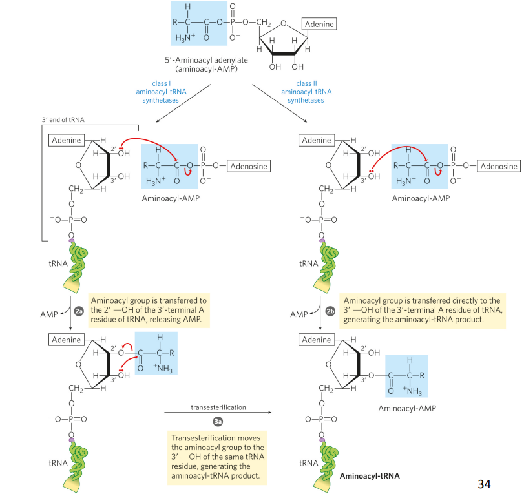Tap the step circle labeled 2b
click(x=330, y=312)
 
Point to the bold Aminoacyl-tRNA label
click(x=370, y=476)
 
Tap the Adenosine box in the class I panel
click(x=248, y=167)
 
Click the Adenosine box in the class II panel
click(x=498, y=167)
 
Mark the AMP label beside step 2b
click(x=299, y=314)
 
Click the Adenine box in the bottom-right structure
click(x=317, y=340)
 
